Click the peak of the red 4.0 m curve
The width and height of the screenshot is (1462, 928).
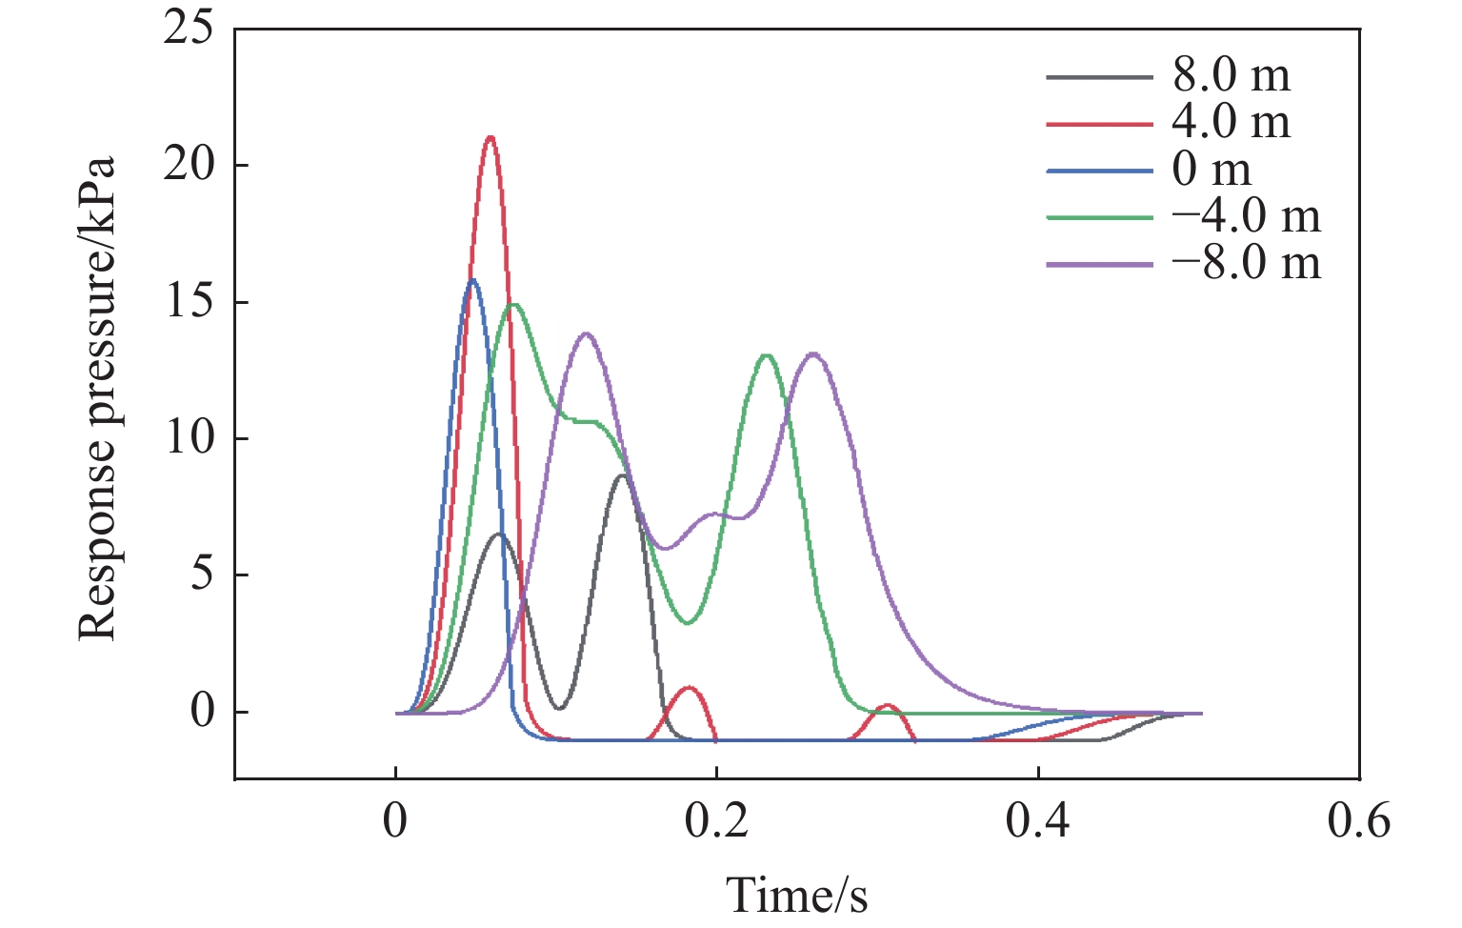tap(491, 137)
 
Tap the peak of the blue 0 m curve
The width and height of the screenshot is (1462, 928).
tap(472, 280)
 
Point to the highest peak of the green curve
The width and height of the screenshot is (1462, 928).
tap(514, 305)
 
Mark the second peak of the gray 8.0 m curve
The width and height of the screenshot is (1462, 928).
tap(622, 475)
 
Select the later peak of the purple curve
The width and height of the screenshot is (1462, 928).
tap(813, 354)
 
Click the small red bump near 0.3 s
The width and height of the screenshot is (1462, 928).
tap(888, 706)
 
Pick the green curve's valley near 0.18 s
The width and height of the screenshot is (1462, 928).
tap(688, 623)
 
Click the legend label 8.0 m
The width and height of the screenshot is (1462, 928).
tap(1232, 76)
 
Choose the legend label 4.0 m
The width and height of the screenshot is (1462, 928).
tap(1232, 123)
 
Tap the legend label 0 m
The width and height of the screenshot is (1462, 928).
tap(1212, 170)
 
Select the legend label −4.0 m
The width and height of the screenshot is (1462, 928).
tap(1247, 216)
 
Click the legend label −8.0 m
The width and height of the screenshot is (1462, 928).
tap(1247, 263)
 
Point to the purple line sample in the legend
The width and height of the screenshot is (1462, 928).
tap(1099, 264)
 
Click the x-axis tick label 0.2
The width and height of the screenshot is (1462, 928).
tap(716, 821)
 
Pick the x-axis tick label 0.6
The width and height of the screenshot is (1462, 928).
tap(1359, 821)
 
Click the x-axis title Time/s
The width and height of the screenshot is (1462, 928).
tap(797, 894)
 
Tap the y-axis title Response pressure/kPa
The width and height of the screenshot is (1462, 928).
tap(96, 397)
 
